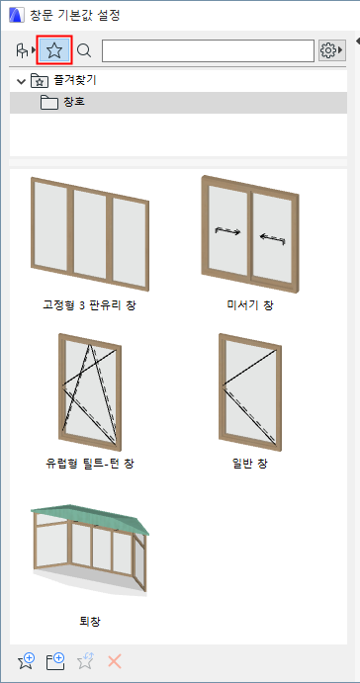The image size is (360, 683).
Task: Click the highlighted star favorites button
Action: [54, 51]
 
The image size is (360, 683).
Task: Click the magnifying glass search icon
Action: [84, 51]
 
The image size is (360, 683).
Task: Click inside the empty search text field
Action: [208, 51]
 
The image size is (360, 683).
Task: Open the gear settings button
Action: [331, 51]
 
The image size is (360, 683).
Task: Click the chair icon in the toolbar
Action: [22, 51]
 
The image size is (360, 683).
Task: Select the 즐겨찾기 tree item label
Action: [74, 81]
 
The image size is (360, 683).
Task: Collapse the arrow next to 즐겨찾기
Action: [20, 81]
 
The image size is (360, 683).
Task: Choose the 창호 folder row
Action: [178, 103]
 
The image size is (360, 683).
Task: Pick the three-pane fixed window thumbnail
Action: [90, 233]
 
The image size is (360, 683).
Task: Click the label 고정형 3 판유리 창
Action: [89, 305]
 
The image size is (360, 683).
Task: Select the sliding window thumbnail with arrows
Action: [250, 234]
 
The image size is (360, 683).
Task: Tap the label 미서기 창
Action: [250, 305]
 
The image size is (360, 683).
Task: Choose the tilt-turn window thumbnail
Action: [90, 392]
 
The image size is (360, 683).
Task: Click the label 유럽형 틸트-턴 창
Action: [90, 464]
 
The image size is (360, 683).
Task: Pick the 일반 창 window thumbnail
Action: [250, 392]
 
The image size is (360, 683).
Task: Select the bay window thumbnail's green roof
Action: [90, 519]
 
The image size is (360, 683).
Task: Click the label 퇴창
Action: [89, 621]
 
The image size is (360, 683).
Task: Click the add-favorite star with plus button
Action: [26, 661]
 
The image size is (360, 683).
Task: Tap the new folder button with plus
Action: [55, 661]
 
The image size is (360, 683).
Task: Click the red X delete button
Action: [115, 661]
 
